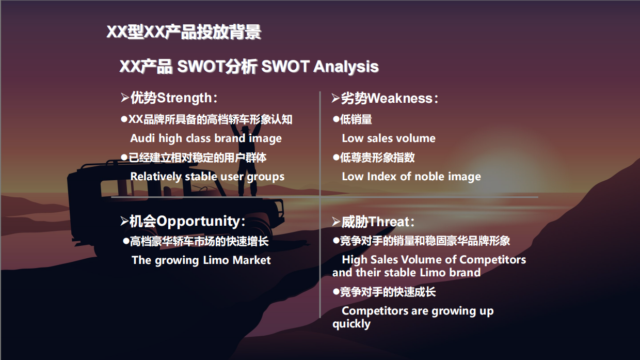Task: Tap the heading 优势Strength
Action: click(x=171, y=98)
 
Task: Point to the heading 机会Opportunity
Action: click(x=186, y=221)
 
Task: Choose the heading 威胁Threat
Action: click(x=377, y=222)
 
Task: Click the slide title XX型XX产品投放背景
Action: click(x=184, y=32)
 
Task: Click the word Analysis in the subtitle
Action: click(x=346, y=67)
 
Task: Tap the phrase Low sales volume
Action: click(x=388, y=138)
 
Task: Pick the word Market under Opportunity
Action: click(x=251, y=260)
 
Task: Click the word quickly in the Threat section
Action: click(x=351, y=324)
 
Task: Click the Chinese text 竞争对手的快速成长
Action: click(x=388, y=292)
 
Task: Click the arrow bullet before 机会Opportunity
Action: click(x=124, y=222)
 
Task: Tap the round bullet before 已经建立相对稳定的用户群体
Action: click(x=124, y=157)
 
